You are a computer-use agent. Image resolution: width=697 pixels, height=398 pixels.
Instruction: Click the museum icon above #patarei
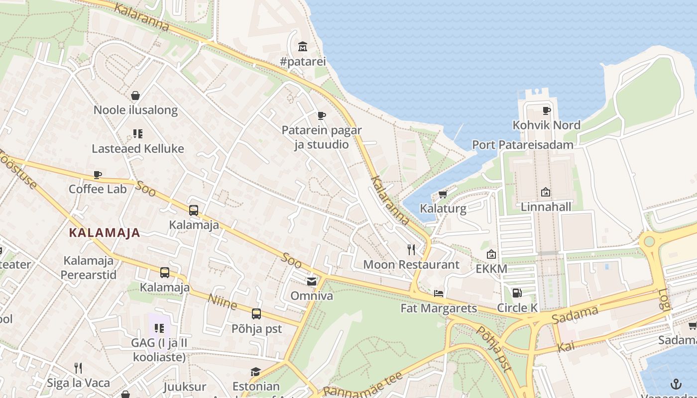point(303,47)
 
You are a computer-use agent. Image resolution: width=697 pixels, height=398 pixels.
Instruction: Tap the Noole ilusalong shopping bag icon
point(135,95)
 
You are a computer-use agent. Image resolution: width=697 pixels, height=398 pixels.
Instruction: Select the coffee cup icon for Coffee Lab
point(98,175)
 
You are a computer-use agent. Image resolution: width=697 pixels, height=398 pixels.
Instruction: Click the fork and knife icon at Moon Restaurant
point(411,249)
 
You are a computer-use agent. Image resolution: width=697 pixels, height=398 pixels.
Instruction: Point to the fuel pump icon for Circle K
point(517,293)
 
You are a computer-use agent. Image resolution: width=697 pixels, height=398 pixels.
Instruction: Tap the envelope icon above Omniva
point(312,282)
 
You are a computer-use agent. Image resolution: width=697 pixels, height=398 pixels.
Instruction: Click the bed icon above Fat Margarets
point(439,293)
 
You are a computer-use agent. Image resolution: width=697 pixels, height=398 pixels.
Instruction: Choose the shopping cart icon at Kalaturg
point(443,194)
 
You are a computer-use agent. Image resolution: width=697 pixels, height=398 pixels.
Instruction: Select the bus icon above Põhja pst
point(256,314)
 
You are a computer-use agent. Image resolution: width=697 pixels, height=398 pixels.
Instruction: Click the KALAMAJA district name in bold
point(105,232)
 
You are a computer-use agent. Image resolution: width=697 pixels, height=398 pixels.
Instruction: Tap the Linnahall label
point(546,206)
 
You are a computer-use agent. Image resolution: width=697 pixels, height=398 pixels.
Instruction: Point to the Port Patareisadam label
point(523,145)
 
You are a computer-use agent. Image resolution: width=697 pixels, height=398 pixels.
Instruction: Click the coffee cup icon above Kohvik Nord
point(546,110)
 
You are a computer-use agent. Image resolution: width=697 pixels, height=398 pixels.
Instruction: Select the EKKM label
point(491,269)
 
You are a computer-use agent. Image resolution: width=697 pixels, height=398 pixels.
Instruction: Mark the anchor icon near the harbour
point(676,384)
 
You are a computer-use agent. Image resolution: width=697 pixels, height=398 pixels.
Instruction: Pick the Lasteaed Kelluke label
point(138,148)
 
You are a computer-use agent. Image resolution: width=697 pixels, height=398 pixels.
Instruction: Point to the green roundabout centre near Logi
point(649,242)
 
